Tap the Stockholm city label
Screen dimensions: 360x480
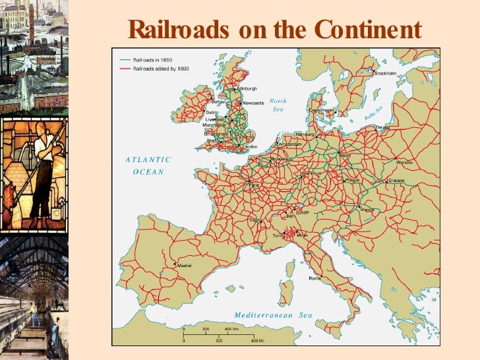(x=385, y=73)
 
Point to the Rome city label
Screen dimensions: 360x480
(x=315, y=278)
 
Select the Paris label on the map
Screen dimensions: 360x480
(x=254, y=185)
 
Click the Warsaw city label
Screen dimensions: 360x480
(x=404, y=162)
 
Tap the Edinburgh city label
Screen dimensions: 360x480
(x=247, y=88)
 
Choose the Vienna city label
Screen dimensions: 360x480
(x=367, y=210)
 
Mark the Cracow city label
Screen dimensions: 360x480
(x=396, y=180)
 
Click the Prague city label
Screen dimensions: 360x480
(x=352, y=179)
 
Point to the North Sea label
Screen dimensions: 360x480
(x=278, y=105)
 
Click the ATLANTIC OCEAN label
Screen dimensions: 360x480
(x=148, y=165)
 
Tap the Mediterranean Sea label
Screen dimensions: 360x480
(x=273, y=316)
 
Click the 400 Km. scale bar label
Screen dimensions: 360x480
(x=231, y=328)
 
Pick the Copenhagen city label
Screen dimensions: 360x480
(x=322, y=110)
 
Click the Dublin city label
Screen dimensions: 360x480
(x=212, y=112)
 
